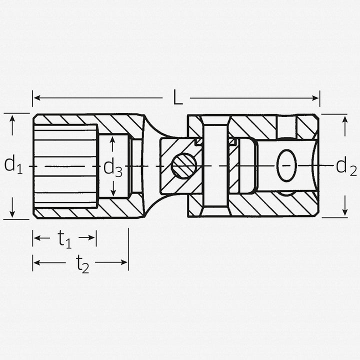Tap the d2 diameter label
click(x=346, y=166)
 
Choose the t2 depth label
click(x=82, y=264)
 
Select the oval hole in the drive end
click(x=286, y=165)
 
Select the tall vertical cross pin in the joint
click(x=215, y=166)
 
